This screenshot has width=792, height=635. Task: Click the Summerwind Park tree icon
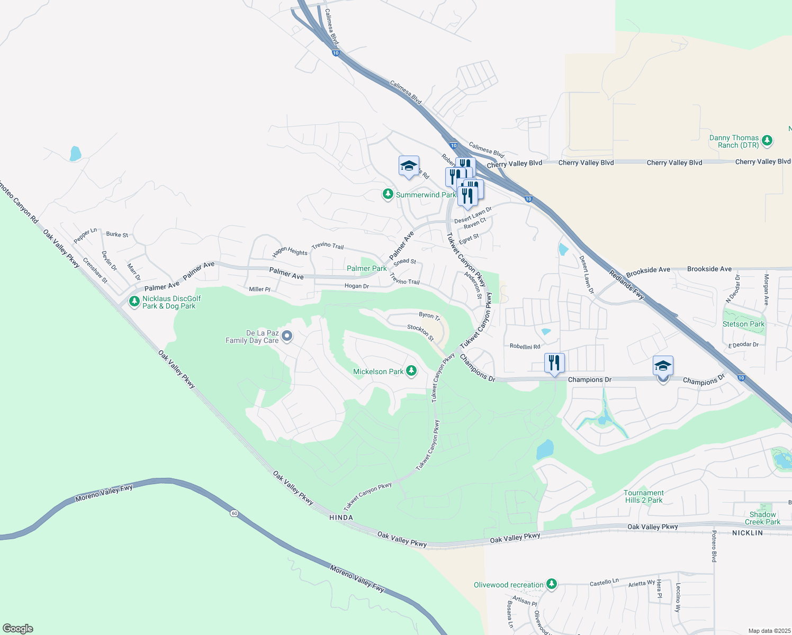click(x=388, y=195)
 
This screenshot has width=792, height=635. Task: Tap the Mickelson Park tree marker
click(x=411, y=371)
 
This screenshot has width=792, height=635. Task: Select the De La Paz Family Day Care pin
click(x=287, y=336)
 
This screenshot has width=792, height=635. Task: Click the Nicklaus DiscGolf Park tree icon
click(x=134, y=302)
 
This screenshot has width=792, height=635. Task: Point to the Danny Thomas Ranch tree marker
click(x=767, y=141)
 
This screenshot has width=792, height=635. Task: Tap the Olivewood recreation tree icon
click(x=552, y=584)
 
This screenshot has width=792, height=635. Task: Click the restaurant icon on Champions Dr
click(x=554, y=363)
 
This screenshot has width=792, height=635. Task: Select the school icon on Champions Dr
click(x=663, y=366)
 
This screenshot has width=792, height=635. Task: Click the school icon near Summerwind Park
click(x=409, y=166)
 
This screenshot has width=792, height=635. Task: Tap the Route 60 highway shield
click(x=233, y=513)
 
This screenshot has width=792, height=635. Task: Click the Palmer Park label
click(x=367, y=268)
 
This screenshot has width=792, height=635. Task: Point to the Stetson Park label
click(x=743, y=324)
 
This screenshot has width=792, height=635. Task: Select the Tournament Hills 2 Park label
click(x=643, y=496)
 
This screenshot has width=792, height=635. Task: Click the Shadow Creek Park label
click(x=762, y=518)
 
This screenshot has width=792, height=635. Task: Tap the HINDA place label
click(x=341, y=518)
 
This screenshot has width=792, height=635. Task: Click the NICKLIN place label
click(x=748, y=533)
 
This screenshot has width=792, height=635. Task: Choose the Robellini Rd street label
click(x=525, y=347)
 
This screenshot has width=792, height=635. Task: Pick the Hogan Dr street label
click(x=356, y=286)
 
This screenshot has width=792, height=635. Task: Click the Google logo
click(x=18, y=629)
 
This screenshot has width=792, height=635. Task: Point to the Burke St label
click(x=117, y=234)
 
